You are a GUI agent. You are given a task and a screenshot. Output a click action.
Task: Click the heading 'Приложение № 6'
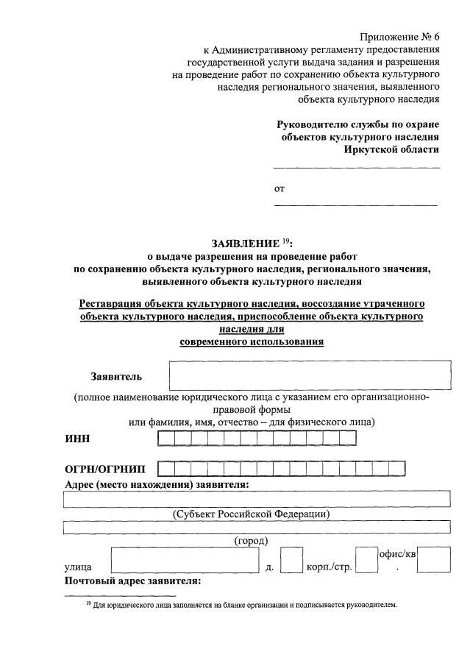(400, 37)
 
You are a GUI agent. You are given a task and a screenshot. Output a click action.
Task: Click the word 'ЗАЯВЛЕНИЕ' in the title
(244, 243)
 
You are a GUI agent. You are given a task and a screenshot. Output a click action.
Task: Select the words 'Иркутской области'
(391, 149)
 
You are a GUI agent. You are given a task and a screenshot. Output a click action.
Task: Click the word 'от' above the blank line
(279, 188)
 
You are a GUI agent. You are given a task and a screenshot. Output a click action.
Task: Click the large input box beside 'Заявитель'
(309, 375)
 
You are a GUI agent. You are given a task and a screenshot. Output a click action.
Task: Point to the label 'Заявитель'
(116, 377)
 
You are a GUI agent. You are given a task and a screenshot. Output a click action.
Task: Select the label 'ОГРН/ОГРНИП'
(105, 469)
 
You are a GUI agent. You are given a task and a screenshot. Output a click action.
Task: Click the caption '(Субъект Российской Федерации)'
(251, 514)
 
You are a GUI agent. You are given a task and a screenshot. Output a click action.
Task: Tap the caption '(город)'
(252, 541)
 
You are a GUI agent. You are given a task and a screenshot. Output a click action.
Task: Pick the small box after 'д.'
(291, 561)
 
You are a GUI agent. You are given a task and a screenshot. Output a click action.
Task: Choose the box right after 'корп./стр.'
(366, 561)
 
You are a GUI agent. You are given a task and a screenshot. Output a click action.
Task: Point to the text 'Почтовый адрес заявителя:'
(132, 581)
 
